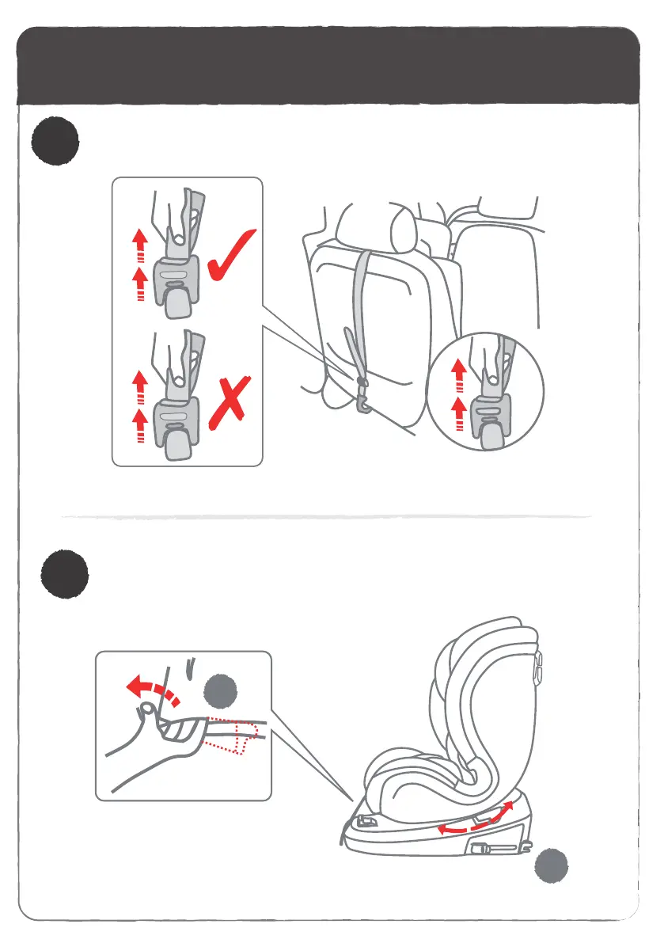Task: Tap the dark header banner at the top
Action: (328, 67)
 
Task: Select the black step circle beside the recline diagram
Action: (65, 572)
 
